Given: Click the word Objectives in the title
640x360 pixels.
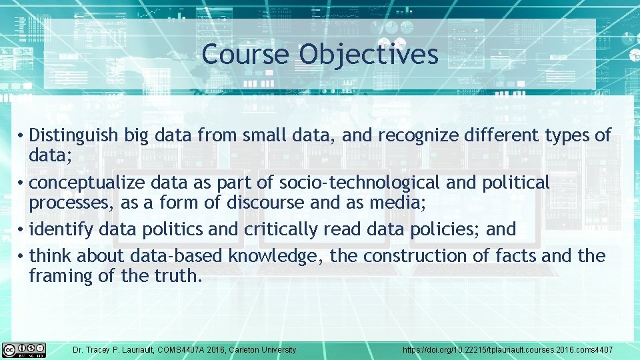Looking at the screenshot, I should click(x=369, y=55).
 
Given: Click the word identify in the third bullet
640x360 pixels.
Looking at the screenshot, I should click(x=62, y=229).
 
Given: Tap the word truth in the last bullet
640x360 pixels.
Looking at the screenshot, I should click(x=179, y=275).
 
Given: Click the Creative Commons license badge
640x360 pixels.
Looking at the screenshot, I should click(x=24, y=349).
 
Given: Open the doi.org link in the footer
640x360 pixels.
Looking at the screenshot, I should click(x=507, y=349).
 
